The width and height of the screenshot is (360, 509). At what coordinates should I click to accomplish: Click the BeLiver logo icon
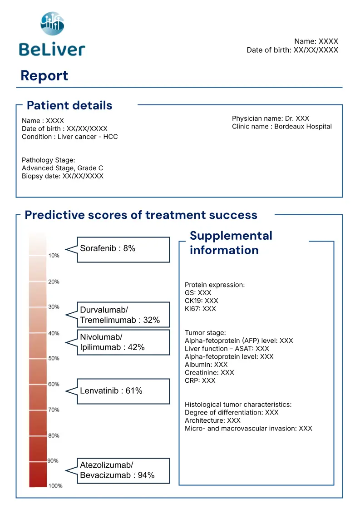52,24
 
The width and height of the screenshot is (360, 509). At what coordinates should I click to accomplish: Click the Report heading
44,75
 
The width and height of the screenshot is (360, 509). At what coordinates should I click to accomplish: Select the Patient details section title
69,105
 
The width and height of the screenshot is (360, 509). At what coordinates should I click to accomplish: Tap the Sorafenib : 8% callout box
123,249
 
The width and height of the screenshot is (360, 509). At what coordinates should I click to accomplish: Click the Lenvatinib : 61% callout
123,391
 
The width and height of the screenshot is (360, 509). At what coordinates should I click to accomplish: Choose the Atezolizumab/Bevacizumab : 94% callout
123,470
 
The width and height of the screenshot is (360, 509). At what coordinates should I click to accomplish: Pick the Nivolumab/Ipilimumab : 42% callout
123,342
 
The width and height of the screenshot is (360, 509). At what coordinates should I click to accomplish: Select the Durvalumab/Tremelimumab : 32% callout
123,315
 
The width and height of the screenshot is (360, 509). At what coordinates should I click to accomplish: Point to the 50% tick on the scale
54,358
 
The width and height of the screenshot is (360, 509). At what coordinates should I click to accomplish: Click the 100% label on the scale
55,486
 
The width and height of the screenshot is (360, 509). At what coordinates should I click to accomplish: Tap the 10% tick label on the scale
54,256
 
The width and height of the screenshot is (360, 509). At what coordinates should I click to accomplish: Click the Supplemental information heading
231,243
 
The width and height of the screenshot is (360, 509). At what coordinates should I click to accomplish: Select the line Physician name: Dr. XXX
270,119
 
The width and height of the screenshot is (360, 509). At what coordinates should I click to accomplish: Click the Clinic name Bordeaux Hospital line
281,127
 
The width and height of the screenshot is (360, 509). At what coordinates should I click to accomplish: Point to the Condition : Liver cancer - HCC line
69,137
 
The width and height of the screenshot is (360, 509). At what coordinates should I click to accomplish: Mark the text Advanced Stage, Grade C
62,168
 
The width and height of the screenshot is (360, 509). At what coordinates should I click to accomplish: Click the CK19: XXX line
201,301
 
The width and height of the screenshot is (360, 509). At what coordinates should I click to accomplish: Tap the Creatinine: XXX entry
209,372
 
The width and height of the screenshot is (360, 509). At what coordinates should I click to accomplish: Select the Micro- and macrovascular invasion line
248,428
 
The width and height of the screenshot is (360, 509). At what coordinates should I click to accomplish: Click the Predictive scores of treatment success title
141,215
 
